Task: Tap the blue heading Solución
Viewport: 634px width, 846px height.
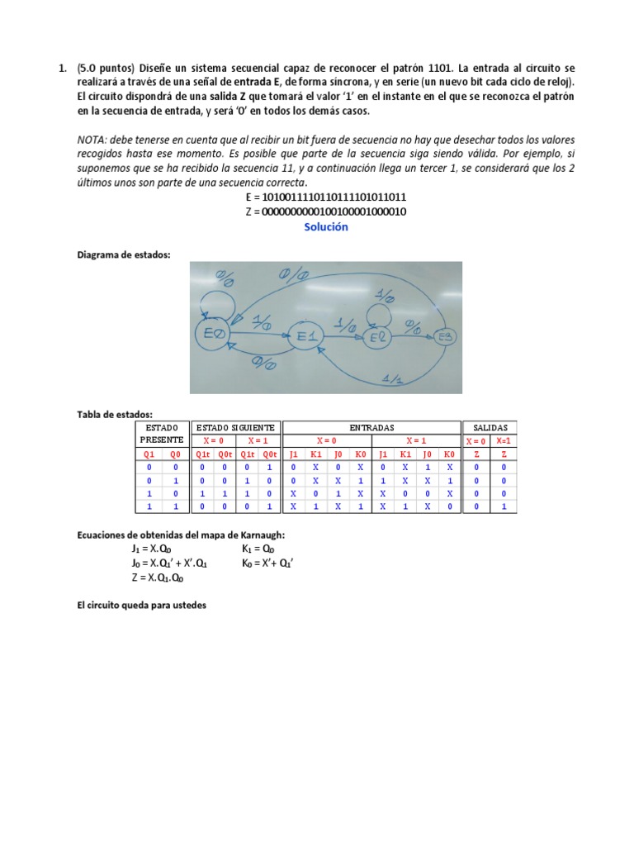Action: [x=326, y=227]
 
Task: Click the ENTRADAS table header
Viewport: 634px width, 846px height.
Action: [x=371, y=428]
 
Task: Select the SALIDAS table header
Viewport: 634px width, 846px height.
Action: [x=490, y=428]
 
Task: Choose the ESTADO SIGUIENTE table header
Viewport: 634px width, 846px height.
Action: [x=236, y=428]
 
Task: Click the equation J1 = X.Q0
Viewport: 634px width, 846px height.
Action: [x=147, y=549]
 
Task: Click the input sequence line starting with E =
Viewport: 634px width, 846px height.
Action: [x=326, y=198]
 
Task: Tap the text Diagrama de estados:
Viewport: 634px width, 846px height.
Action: [x=123, y=255]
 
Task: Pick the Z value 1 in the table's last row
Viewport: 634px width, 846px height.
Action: [x=503, y=506]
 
